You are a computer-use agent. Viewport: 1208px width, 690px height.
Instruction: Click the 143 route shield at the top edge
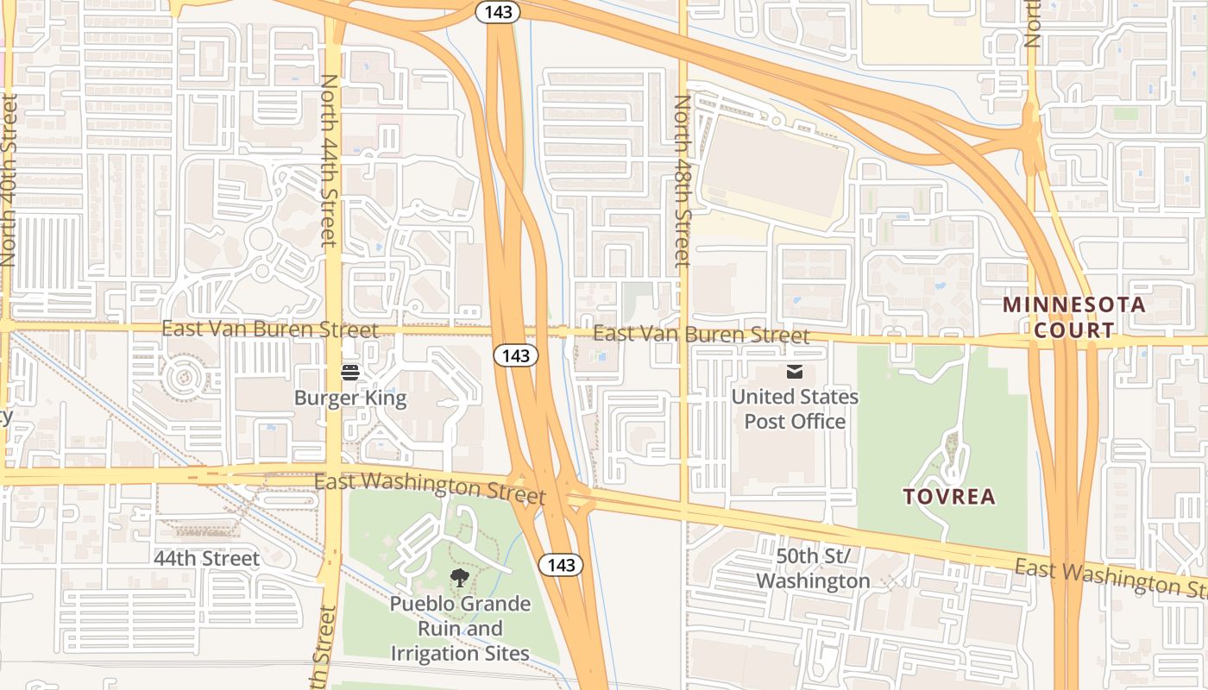[498, 11]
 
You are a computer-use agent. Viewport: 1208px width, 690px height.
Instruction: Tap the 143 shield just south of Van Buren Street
[516, 354]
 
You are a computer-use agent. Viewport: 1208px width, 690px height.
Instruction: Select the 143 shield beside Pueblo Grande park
[561, 565]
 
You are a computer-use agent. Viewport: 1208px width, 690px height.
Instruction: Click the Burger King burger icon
[350, 373]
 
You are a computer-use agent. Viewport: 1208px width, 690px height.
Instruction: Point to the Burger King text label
[350, 398]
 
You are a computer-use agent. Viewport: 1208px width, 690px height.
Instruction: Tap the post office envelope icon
[794, 372]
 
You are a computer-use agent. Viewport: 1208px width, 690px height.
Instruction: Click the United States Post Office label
[795, 409]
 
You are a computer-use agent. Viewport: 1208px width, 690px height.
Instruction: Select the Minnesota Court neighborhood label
[1074, 317]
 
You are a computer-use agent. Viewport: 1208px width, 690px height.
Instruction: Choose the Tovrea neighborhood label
[949, 497]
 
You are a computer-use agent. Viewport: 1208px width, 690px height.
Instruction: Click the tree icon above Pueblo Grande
[459, 578]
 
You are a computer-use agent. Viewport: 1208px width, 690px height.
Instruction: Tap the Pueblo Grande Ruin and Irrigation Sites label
[460, 628]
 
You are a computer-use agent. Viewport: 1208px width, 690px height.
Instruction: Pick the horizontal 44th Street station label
[206, 559]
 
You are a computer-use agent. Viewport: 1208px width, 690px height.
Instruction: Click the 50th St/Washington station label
[813, 568]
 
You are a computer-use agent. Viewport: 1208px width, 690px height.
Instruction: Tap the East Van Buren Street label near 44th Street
[270, 329]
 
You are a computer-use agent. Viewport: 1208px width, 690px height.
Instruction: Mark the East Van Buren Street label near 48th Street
[702, 334]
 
